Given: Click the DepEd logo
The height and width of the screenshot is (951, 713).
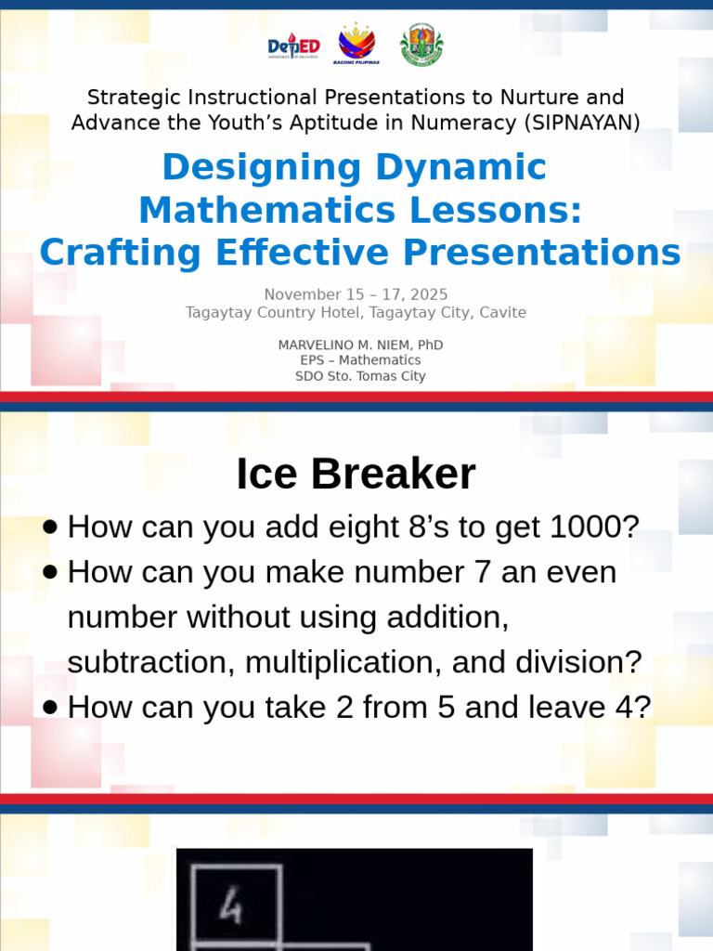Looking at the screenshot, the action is [293, 46].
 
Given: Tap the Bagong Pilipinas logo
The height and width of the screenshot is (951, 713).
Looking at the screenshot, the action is [356, 45].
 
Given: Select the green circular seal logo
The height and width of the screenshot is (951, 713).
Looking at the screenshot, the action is [421, 45].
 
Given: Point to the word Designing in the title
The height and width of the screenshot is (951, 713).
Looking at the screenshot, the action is [262, 168].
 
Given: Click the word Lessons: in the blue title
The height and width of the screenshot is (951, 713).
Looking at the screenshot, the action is [496, 210].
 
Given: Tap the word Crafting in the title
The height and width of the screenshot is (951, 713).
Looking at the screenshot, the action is [120, 253].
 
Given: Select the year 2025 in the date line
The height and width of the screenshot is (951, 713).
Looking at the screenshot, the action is [429, 294].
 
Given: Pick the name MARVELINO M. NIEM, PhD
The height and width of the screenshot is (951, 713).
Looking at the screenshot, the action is [360, 345].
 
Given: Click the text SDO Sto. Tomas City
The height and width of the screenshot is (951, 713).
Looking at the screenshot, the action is [360, 376].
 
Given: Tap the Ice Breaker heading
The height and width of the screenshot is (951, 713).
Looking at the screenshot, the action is [356, 474].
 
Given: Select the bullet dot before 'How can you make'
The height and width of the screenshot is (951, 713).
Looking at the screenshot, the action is [50, 572].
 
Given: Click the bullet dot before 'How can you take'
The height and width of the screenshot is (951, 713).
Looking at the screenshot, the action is [50, 707].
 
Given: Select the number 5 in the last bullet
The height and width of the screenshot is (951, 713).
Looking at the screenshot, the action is [446, 707].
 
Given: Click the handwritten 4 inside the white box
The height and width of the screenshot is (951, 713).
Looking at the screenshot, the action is [231, 907].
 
